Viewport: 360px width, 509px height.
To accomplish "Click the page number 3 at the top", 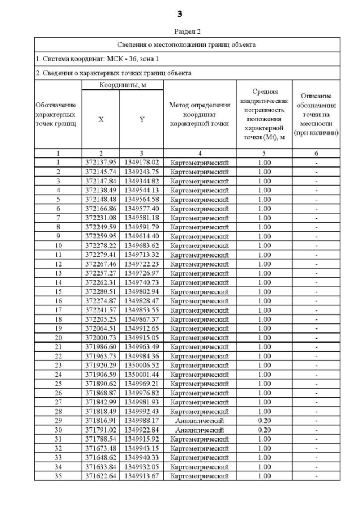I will [x=179, y=12].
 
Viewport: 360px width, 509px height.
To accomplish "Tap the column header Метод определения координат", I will [x=200, y=115].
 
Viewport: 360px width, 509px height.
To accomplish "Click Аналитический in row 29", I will [x=200, y=420].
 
